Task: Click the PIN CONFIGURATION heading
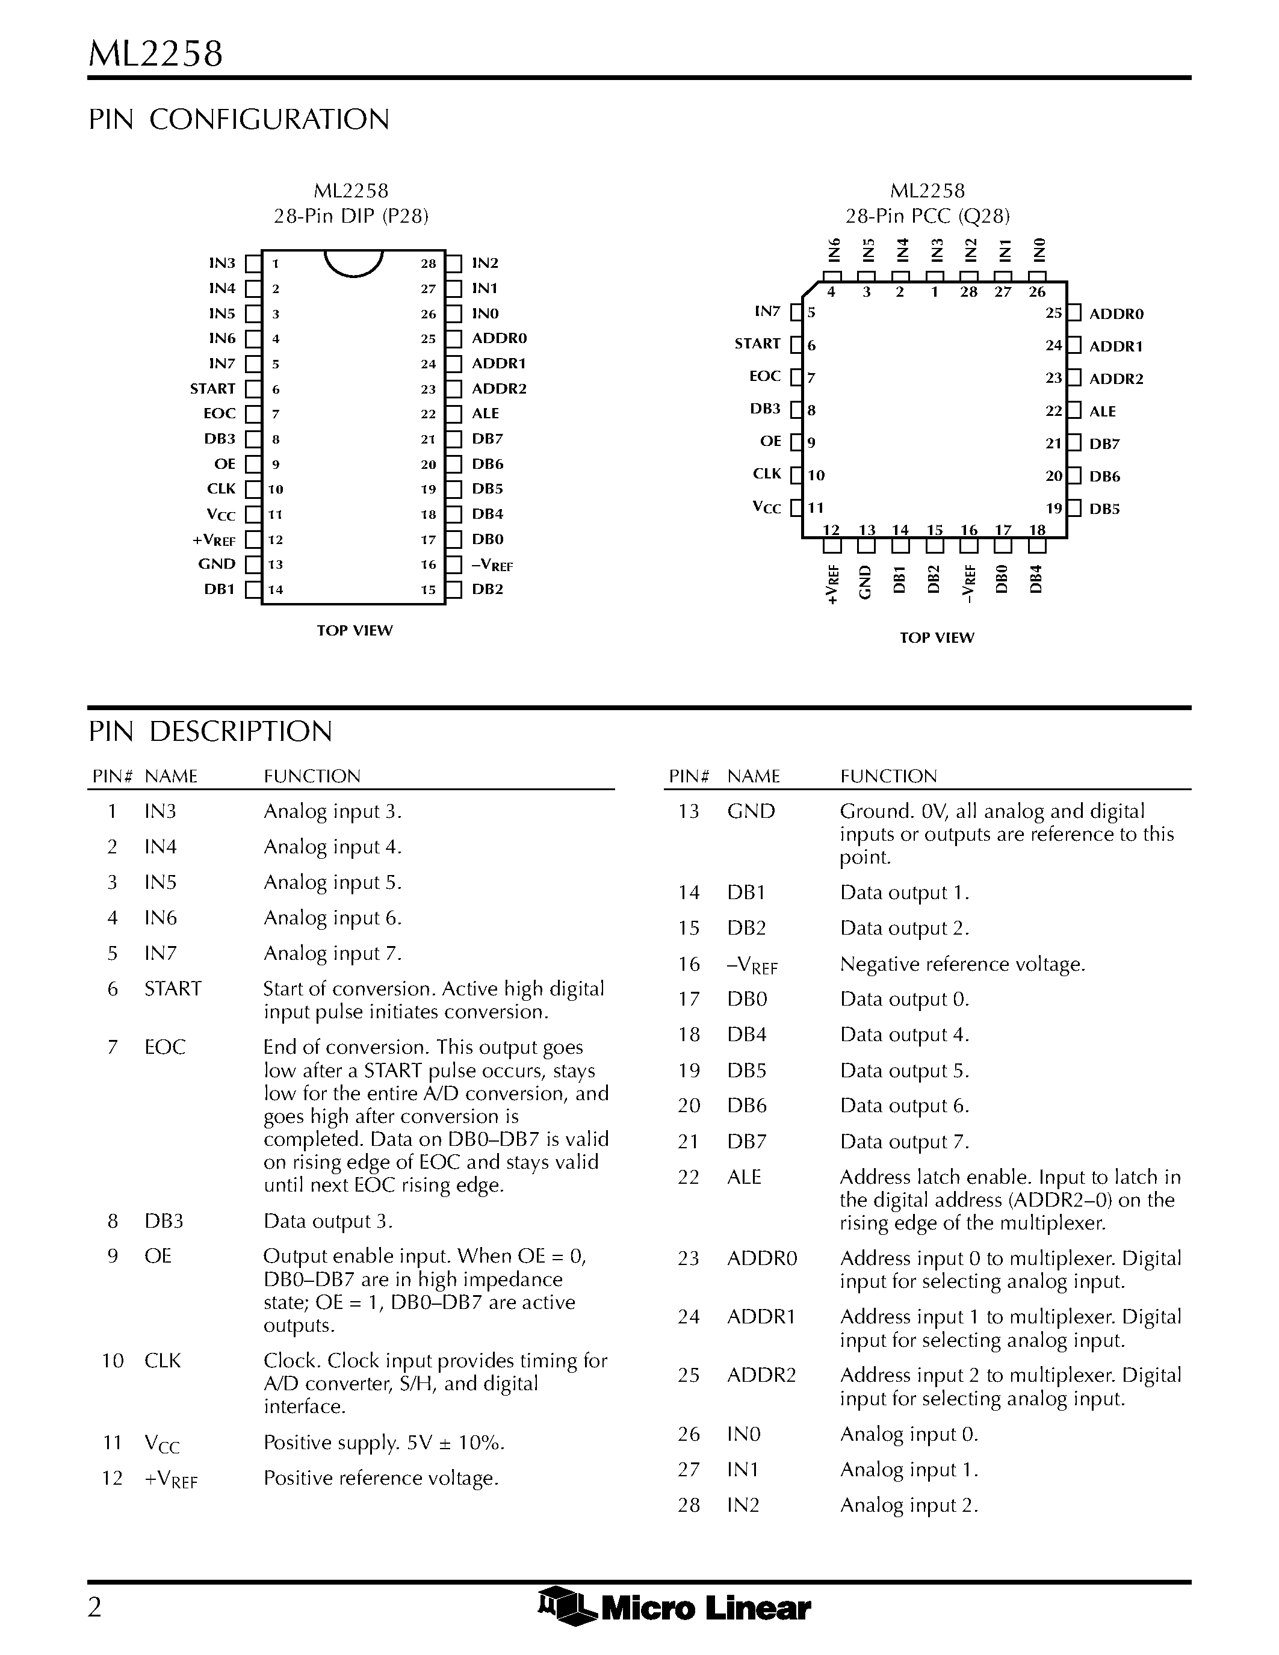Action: pyautogui.click(x=239, y=120)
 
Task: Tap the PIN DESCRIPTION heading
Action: pyautogui.click(x=210, y=731)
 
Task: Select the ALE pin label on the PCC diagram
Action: pyautogui.click(x=1103, y=412)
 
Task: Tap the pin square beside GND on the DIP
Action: pyautogui.click(x=253, y=565)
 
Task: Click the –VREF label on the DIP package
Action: pyautogui.click(x=492, y=565)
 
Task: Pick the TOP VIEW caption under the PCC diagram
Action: pyautogui.click(x=937, y=638)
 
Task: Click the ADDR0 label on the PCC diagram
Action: pyautogui.click(x=1116, y=314)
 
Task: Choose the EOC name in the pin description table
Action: pyautogui.click(x=164, y=1047)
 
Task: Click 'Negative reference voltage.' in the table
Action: pyautogui.click(x=962, y=964)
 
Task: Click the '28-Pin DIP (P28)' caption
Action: pyautogui.click(x=351, y=217)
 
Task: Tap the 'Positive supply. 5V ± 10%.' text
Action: pyautogui.click(x=384, y=1443)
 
